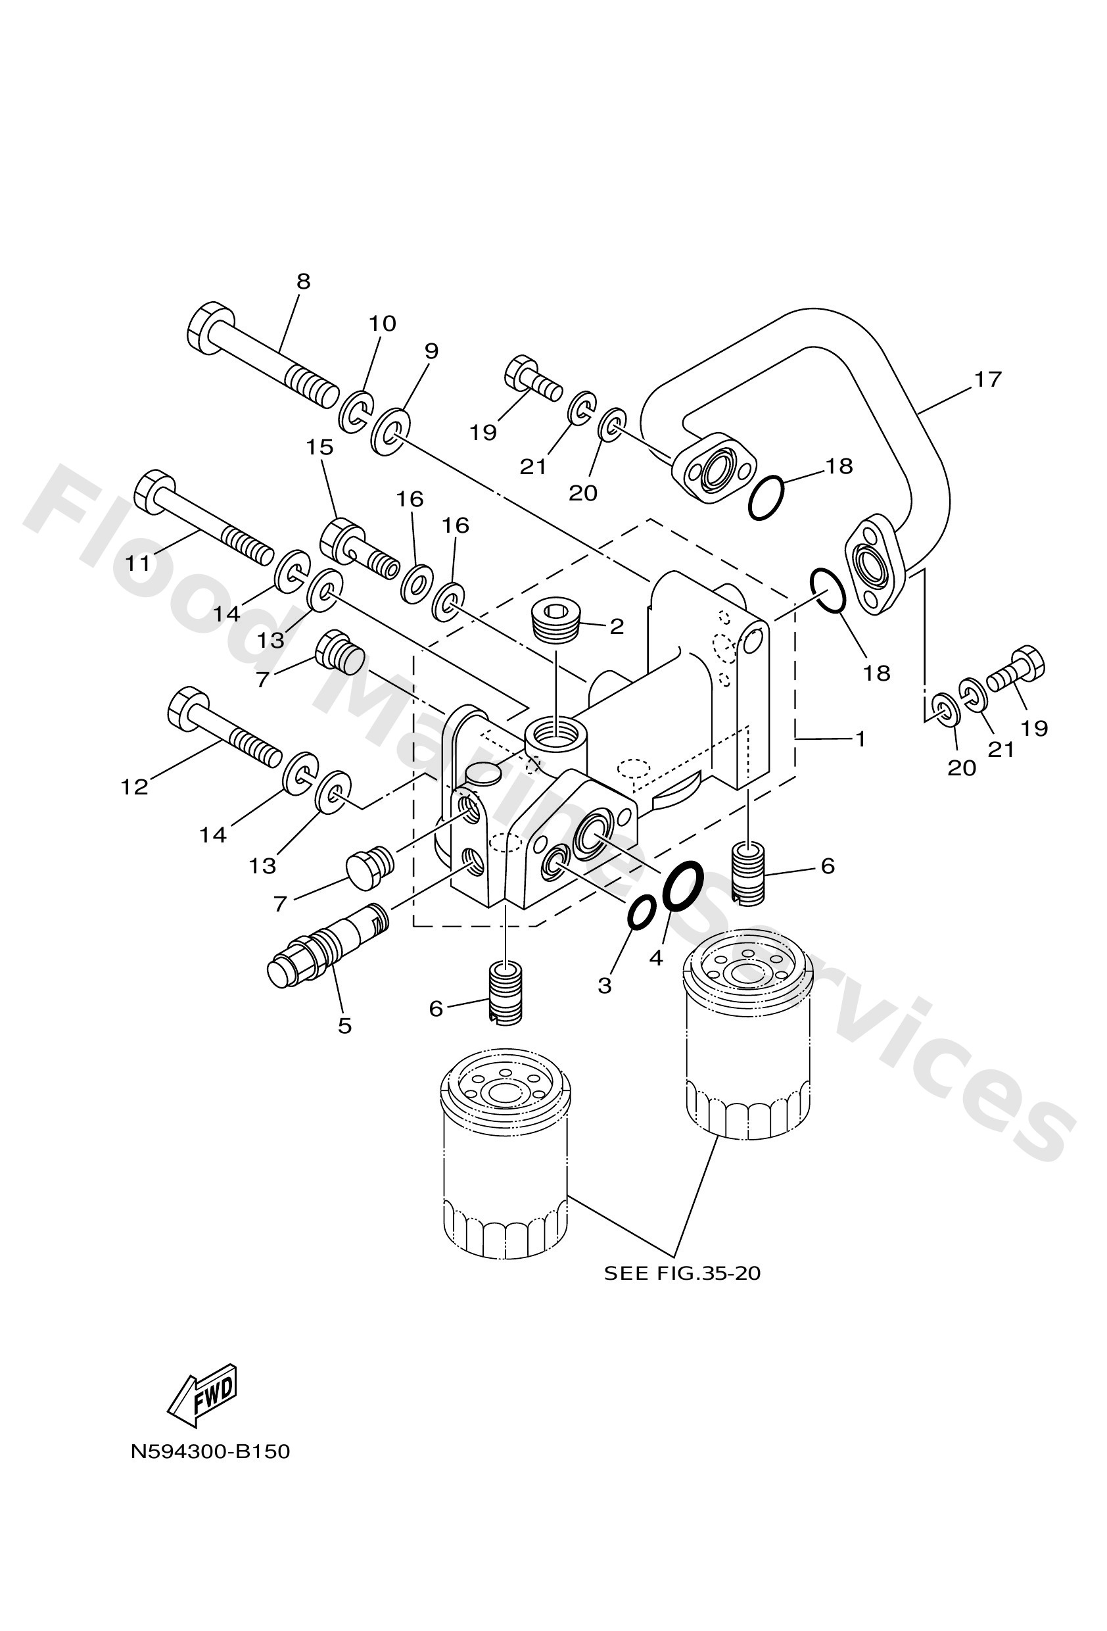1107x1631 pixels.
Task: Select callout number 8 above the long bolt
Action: click(x=302, y=281)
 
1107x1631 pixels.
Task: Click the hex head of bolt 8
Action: click(x=210, y=328)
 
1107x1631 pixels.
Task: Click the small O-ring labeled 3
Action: click(x=641, y=912)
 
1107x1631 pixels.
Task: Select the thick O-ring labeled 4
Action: click(x=682, y=886)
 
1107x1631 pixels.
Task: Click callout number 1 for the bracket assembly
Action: click(x=859, y=739)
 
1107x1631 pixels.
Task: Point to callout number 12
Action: click(x=134, y=787)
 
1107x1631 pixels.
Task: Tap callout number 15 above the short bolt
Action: click(x=319, y=447)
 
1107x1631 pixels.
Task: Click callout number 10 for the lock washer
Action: click(x=383, y=324)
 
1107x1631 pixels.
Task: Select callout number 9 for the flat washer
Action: click(x=431, y=351)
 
